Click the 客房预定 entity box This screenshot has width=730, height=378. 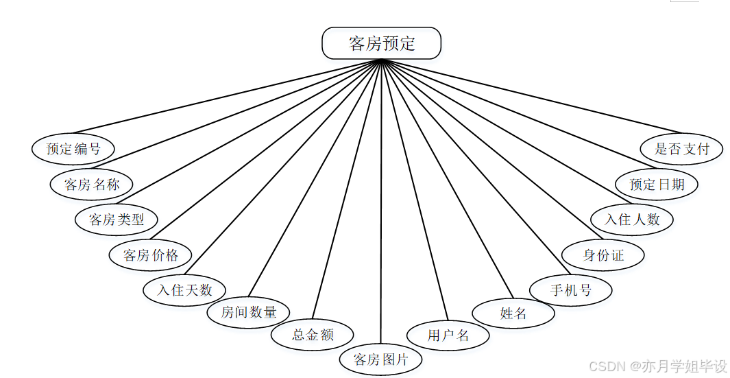381,44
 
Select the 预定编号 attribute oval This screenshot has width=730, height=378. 73,148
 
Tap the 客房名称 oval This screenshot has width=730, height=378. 92,184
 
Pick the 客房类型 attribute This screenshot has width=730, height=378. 117,220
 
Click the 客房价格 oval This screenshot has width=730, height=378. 151,255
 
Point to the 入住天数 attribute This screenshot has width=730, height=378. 184,290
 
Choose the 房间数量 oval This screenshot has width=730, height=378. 249,312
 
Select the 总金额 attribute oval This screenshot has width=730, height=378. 313,335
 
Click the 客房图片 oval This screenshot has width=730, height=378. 380,359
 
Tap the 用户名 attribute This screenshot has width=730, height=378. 448,335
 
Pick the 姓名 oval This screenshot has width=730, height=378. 513,314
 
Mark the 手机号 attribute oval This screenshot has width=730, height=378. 570,290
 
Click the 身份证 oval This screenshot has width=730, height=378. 603,255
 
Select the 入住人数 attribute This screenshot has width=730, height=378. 632,220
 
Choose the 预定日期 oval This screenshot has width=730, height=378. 657,184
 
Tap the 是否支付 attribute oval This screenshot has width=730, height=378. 681,148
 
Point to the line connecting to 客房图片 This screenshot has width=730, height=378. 380,206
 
